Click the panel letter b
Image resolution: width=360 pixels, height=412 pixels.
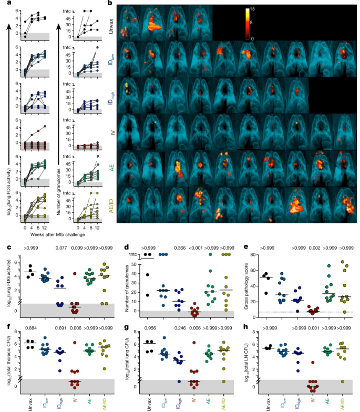click(109, 4)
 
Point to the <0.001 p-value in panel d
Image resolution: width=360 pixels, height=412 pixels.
click(196, 248)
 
